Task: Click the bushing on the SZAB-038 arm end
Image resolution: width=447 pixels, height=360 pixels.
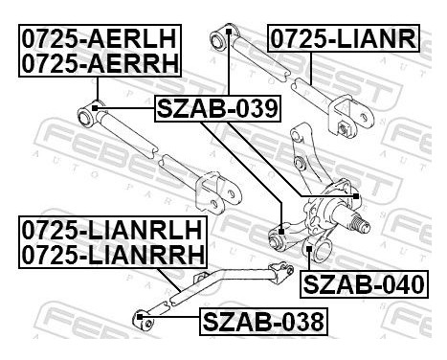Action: [140, 314]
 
